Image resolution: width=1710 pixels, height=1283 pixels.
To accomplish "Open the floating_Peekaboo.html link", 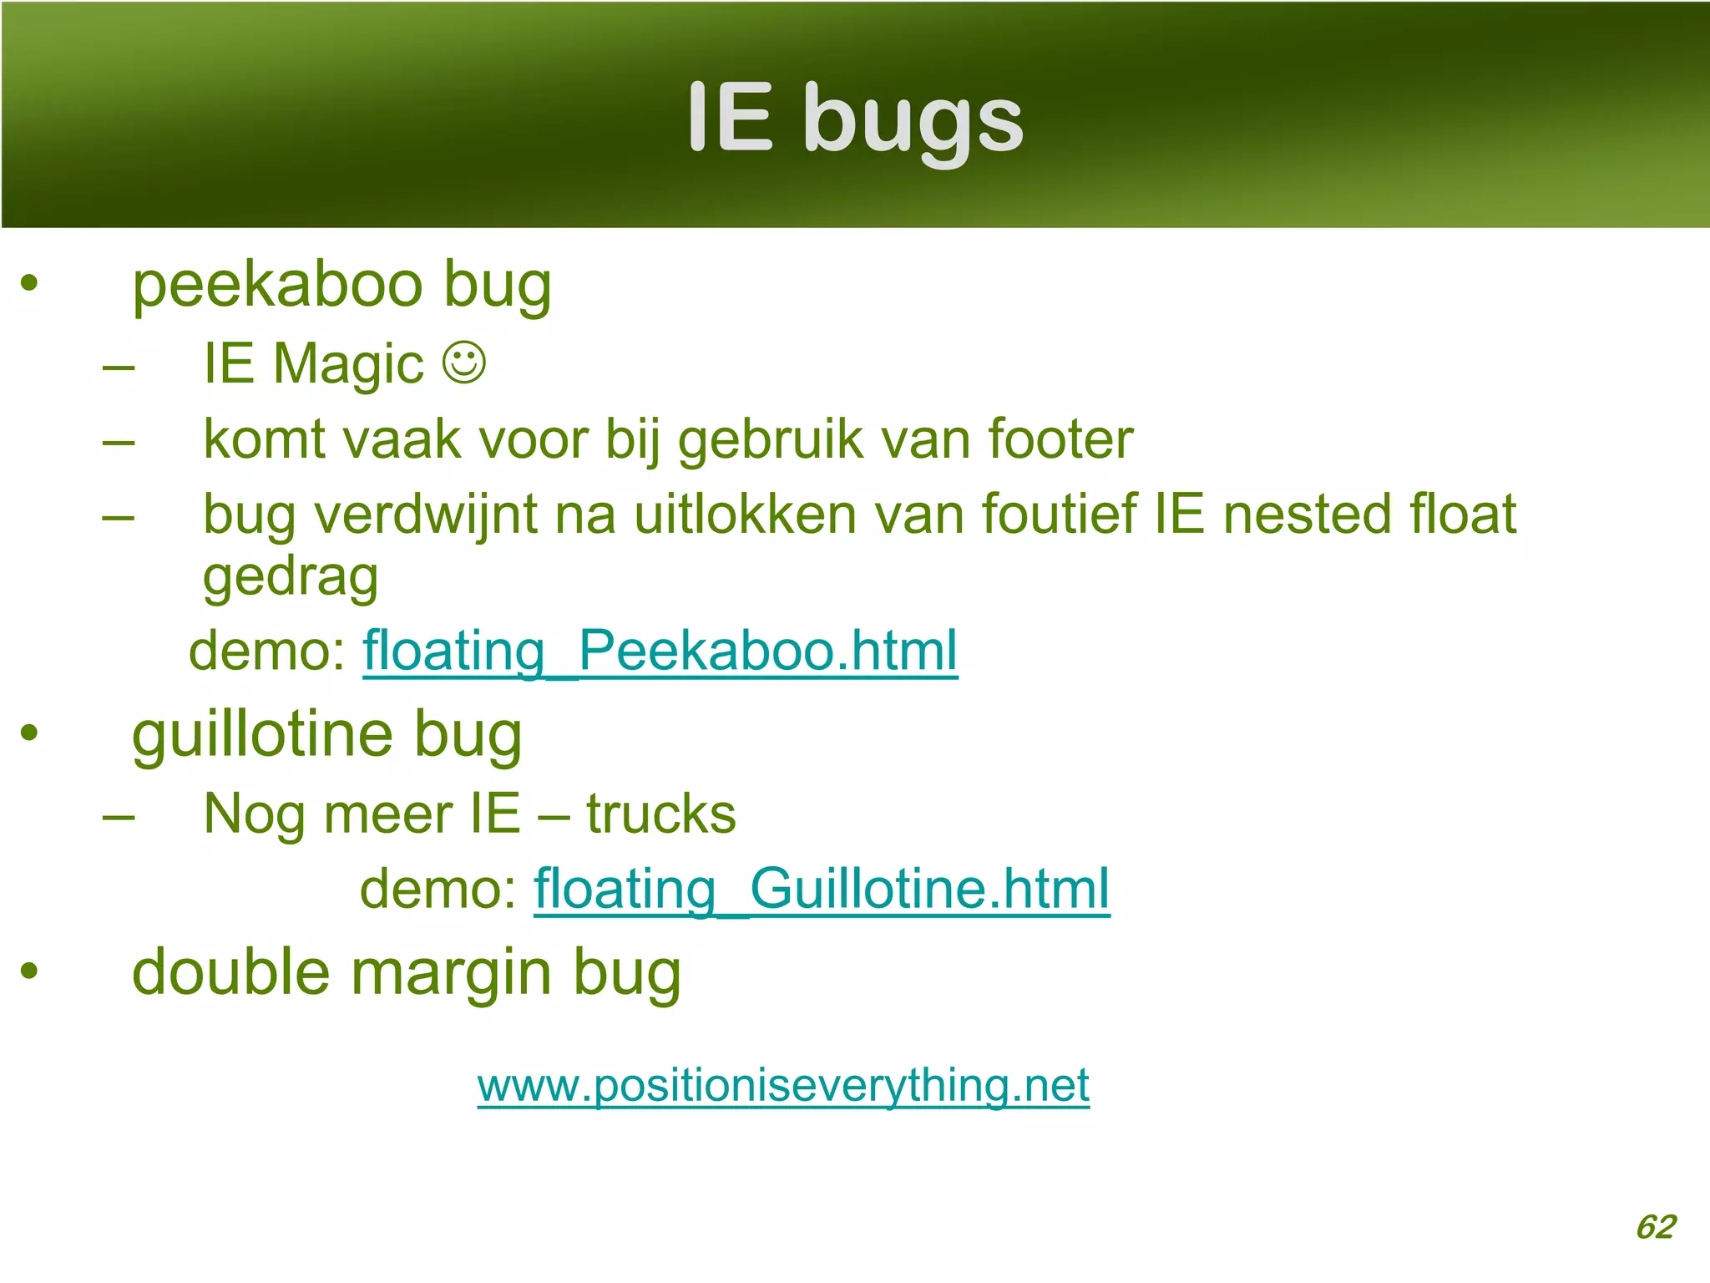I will point(660,651).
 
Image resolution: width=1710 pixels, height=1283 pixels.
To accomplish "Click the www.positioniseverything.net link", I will point(783,1085).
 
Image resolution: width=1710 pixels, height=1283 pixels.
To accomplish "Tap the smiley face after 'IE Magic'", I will point(463,363).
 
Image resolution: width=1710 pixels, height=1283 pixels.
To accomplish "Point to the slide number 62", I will point(1656,1227).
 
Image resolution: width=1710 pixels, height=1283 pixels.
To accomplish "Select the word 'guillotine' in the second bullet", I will point(262,735).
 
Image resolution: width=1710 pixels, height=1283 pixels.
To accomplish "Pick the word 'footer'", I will point(1060,439).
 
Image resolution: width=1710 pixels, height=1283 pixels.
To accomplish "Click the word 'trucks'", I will point(660,814).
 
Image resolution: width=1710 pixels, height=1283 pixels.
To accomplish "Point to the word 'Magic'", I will point(348,365).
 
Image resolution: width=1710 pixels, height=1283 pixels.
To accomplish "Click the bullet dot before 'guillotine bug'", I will point(30,733).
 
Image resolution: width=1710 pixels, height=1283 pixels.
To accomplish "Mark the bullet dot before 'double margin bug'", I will point(30,971).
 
